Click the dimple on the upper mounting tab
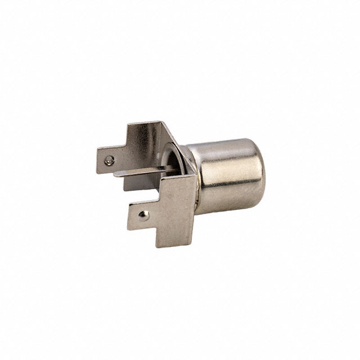(109, 160)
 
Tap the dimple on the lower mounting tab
(145, 214)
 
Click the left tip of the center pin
(115, 174)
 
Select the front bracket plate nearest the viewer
(174, 202)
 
